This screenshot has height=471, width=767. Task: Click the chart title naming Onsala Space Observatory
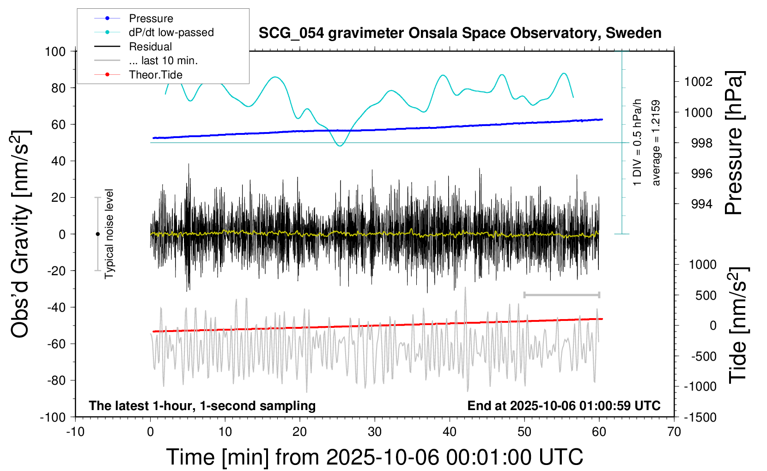click(x=460, y=33)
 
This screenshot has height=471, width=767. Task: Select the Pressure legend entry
click(x=151, y=18)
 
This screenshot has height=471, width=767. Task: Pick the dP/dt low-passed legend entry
click(x=171, y=32)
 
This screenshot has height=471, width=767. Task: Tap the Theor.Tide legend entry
click(x=155, y=75)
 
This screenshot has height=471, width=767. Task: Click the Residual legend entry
click(x=150, y=47)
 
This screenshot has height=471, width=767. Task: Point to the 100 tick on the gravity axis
click(x=55, y=51)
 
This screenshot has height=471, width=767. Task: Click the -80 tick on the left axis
click(x=58, y=380)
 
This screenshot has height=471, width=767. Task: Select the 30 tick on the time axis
click(x=375, y=432)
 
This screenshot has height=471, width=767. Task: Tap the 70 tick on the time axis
click(x=674, y=432)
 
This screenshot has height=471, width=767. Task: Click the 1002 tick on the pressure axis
click(x=698, y=82)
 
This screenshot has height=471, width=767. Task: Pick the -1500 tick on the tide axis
click(x=700, y=417)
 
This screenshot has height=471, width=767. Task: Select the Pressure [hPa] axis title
click(x=734, y=143)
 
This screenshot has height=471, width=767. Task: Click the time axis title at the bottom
click(x=374, y=457)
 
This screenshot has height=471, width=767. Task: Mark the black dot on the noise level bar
click(x=97, y=234)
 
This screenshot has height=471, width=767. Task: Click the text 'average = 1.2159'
click(x=656, y=143)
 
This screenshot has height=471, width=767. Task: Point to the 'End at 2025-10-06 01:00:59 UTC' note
click(x=564, y=406)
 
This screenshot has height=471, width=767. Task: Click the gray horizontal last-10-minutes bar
click(x=562, y=295)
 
